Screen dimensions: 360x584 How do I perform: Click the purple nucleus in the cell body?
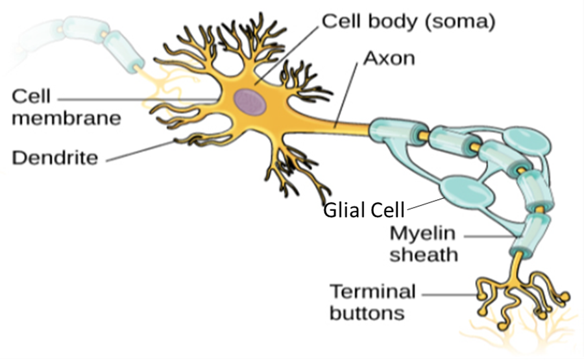coord(250,102)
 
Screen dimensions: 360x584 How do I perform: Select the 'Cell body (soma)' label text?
coord(409,21)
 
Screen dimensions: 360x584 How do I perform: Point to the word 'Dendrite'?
coord(55,156)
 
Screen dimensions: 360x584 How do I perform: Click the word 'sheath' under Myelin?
coord(424,254)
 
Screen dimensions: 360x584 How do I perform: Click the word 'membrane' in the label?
coord(67,118)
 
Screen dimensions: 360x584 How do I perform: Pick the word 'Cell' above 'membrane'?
coord(31,96)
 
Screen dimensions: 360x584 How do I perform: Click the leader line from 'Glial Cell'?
coord(425,203)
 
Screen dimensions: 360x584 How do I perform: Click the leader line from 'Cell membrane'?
coord(130,99)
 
